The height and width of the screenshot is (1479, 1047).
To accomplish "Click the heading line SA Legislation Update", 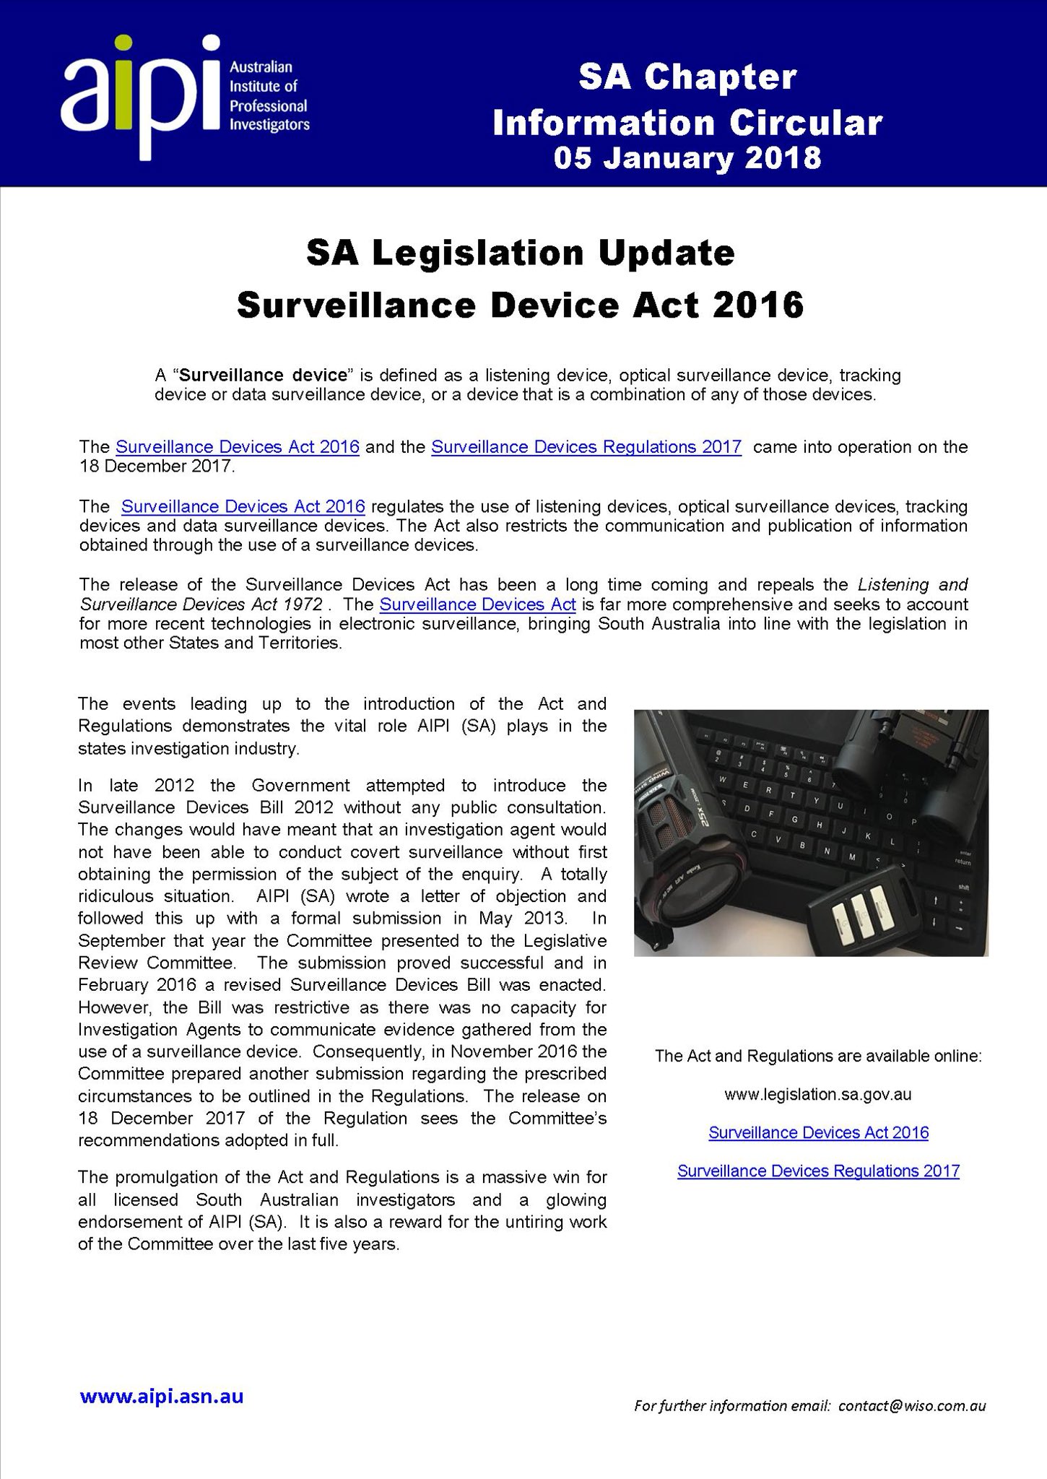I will [520, 253].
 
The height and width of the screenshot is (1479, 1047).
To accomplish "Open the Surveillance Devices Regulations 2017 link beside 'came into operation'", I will [586, 447].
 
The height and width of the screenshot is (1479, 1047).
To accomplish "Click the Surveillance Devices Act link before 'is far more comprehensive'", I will [477, 604].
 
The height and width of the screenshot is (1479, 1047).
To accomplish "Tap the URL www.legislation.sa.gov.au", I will [817, 1094].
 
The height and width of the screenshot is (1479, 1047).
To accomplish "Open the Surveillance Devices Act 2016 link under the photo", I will [818, 1132].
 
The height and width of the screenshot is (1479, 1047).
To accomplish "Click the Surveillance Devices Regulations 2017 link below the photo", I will [818, 1171].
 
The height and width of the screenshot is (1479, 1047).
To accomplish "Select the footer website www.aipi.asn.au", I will [162, 1397].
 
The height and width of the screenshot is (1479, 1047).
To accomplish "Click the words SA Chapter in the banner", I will [687, 78].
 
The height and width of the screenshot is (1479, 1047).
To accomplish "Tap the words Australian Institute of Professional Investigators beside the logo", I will [269, 96].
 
